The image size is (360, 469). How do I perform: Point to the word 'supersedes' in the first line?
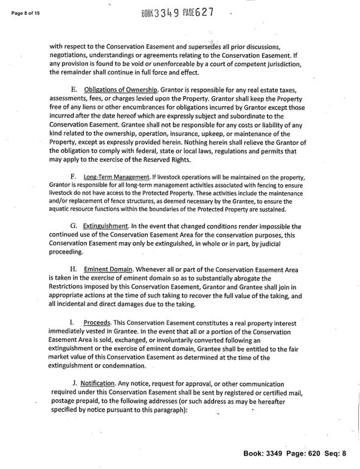point(224,47)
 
